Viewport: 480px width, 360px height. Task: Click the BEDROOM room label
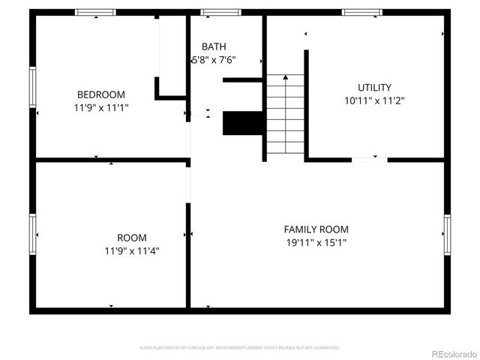pyautogui.click(x=101, y=94)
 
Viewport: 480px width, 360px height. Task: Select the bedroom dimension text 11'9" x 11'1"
pyautogui.click(x=101, y=108)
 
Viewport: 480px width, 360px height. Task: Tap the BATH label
pyautogui.click(x=213, y=47)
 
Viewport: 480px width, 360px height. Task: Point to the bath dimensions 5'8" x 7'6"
pyautogui.click(x=214, y=61)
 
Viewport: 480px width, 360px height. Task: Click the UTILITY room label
pyautogui.click(x=374, y=88)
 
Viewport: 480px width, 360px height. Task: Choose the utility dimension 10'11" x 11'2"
pyautogui.click(x=374, y=100)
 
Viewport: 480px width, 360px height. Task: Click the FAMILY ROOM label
pyautogui.click(x=316, y=229)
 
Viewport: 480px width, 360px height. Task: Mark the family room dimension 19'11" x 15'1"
pyautogui.click(x=316, y=243)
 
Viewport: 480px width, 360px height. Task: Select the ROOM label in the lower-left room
pyautogui.click(x=132, y=238)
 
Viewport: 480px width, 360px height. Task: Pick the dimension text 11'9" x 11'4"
pyautogui.click(x=132, y=251)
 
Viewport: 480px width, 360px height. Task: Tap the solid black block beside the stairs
pyautogui.click(x=241, y=123)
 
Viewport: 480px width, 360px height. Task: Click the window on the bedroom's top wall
pyautogui.click(x=96, y=13)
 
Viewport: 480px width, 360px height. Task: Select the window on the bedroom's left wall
pyautogui.click(x=32, y=86)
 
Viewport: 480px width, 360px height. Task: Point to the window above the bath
pyautogui.click(x=220, y=13)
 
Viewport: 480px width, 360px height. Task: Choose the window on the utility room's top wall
pyautogui.click(x=363, y=13)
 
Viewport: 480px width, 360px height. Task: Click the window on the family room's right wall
pyautogui.click(x=447, y=234)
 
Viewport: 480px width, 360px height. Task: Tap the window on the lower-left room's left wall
pyautogui.click(x=32, y=234)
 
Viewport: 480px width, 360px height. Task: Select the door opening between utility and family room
pyautogui.click(x=370, y=159)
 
